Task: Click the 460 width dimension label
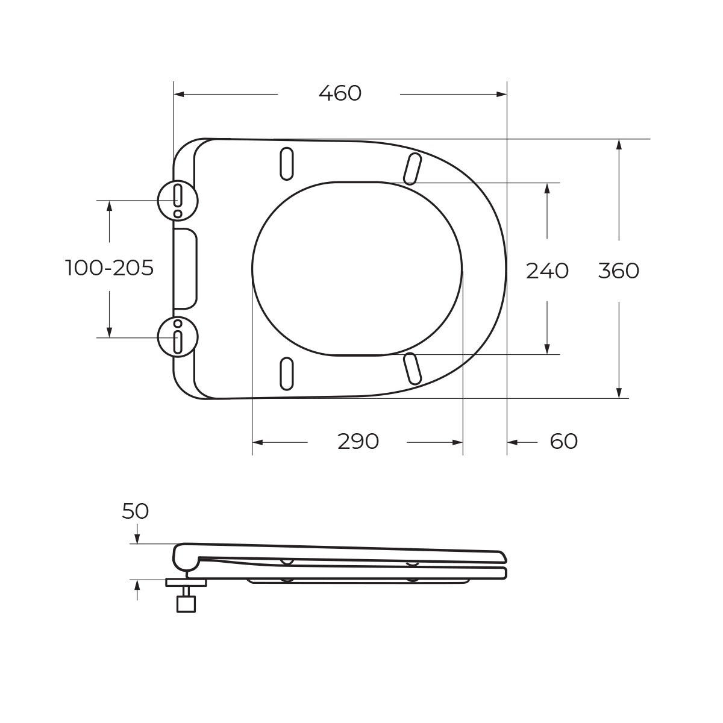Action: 340,93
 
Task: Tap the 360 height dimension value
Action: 618,271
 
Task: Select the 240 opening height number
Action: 548,271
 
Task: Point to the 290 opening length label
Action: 358,442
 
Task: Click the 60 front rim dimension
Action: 563,442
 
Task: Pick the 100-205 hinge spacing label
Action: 110,268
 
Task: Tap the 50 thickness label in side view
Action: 136,512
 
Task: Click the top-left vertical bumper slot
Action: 287,164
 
